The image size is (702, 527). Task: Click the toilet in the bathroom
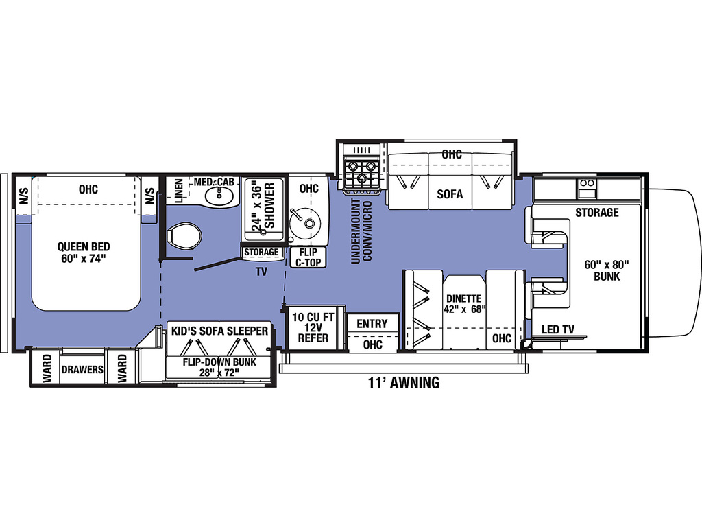pyautogui.click(x=184, y=235)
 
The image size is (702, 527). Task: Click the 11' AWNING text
pyautogui.click(x=404, y=383)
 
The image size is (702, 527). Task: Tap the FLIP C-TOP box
pyautogui.click(x=308, y=258)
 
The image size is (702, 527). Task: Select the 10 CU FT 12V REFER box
pyautogui.click(x=313, y=328)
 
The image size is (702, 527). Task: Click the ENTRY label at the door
pyautogui.click(x=372, y=324)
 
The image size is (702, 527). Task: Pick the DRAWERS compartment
pyautogui.click(x=82, y=370)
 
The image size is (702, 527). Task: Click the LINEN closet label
pyautogui.click(x=179, y=191)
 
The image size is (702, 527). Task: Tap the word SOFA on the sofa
pyautogui.click(x=450, y=194)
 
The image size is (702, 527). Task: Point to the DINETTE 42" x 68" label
pyautogui.click(x=464, y=304)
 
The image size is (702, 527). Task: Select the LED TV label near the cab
pyautogui.click(x=558, y=329)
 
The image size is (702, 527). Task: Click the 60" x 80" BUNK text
pyautogui.click(x=607, y=270)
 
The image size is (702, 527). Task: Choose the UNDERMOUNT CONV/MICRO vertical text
pyautogui.click(x=362, y=231)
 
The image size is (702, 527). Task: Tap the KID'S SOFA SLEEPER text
pyautogui.click(x=219, y=331)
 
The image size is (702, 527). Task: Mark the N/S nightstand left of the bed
pyautogui.click(x=24, y=196)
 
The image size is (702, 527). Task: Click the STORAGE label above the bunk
pyautogui.click(x=597, y=213)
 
